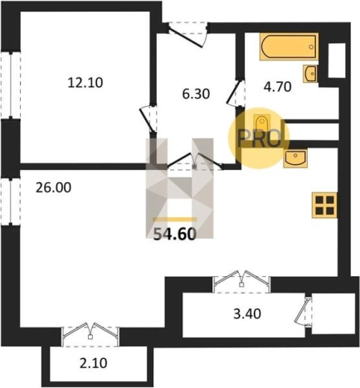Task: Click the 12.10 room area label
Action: click(85, 83)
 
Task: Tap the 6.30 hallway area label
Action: click(196, 94)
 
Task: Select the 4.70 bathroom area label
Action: click(278, 87)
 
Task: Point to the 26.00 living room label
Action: click(54, 187)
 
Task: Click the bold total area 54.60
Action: click(175, 235)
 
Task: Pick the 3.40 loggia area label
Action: click(247, 314)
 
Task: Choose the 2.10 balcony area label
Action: click(93, 363)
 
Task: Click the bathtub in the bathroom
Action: click(289, 46)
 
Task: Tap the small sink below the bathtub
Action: click(310, 74)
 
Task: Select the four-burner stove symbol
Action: click(324, 205)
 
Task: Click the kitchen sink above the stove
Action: click(295, 159)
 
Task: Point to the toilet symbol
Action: click(261, 124)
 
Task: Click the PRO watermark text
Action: click(260, 138)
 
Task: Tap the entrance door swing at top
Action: click(188, 34)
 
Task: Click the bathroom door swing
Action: click(236, 93)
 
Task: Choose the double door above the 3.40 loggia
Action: click(242, 279)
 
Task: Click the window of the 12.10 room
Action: click(11, 85)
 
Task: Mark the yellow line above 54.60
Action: click(175, 220)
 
